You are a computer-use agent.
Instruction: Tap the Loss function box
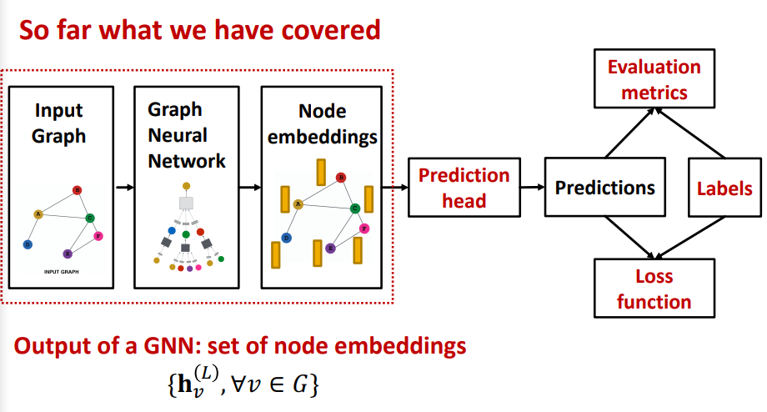click(x=654, y=288)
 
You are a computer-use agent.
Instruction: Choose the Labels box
click(x=724, y=188)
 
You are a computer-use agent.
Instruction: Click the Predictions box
click(x=605, y=188)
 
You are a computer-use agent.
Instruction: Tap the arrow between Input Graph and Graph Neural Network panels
click(x=124, y=187)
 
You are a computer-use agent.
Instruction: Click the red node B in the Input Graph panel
click(x=77, y=190)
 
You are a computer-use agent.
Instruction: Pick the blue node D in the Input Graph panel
click(x=28, y=244)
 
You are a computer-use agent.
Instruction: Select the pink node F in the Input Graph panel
click(x=98, y=236)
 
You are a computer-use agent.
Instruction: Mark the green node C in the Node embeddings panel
click(x=355, y=208)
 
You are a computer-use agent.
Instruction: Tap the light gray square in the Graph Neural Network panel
click(x=187, y=203)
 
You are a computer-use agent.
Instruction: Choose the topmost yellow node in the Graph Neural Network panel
click(x=187, y=184)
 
